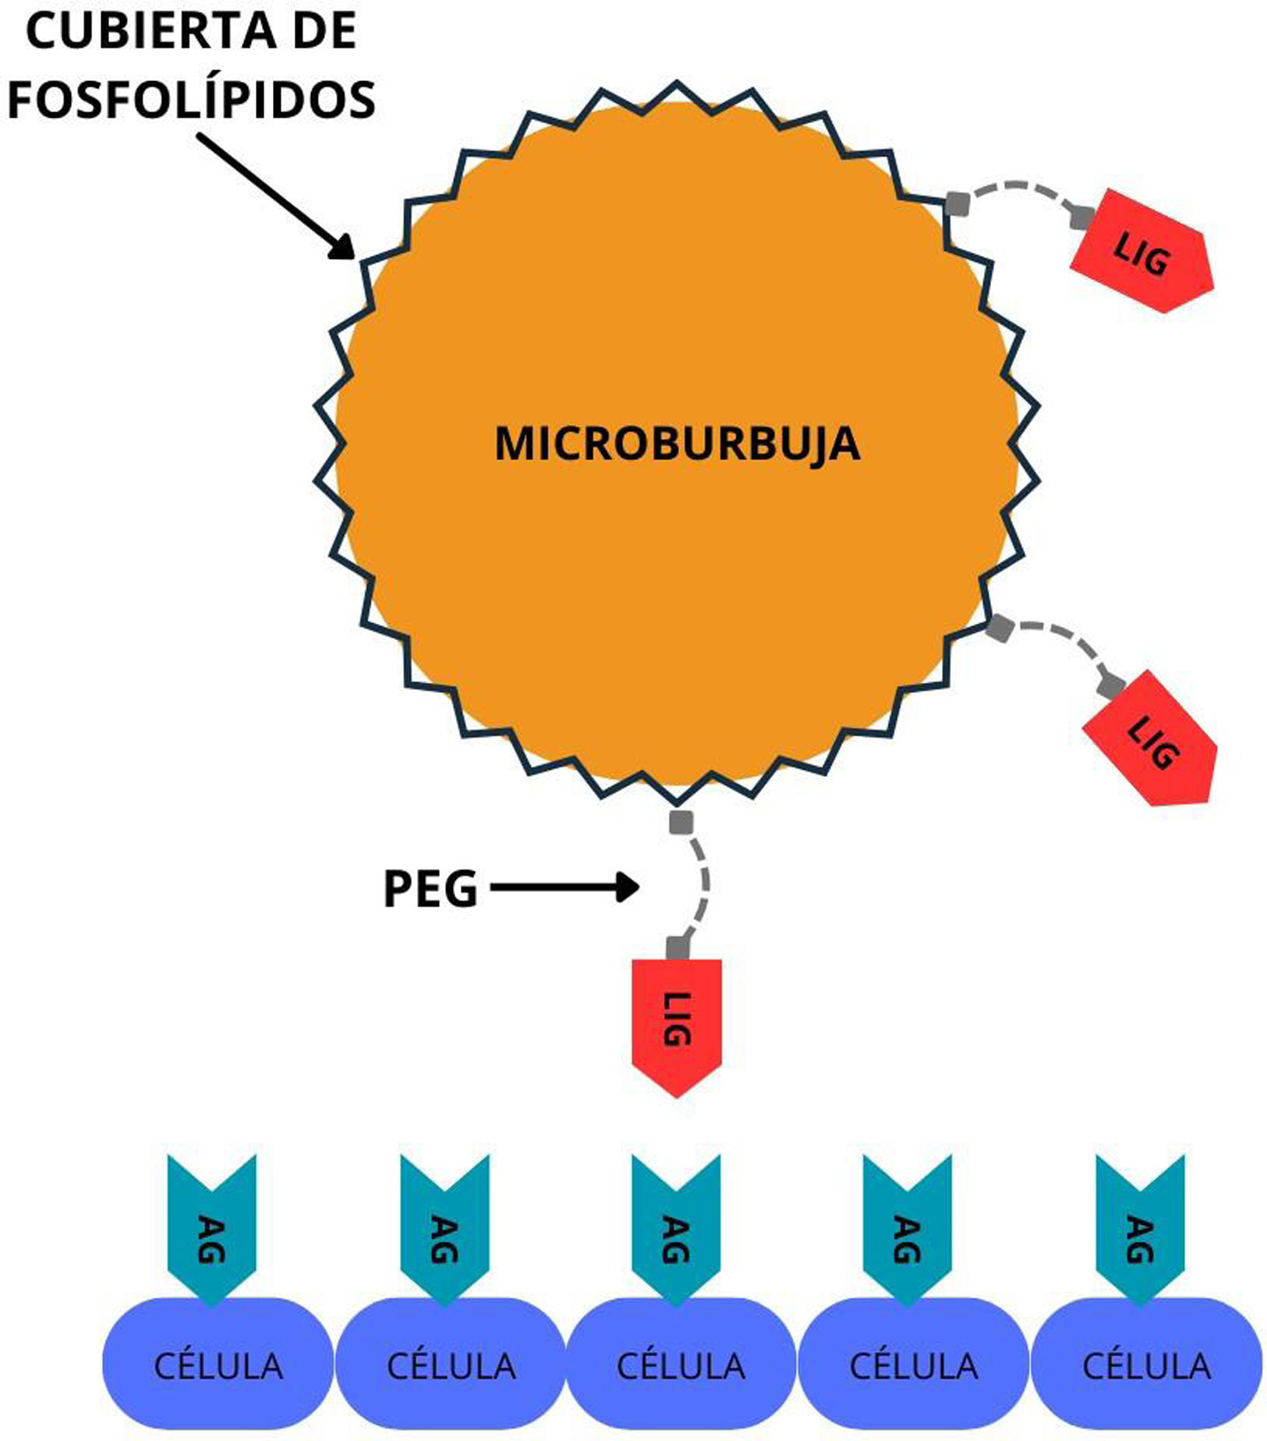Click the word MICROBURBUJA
coord(677,444)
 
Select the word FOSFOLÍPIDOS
coord(191,99)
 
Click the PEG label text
coord(430,889)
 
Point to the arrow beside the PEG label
coord(564,887)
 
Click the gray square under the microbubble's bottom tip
coord(681,822)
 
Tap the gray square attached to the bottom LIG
coord(678,948)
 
